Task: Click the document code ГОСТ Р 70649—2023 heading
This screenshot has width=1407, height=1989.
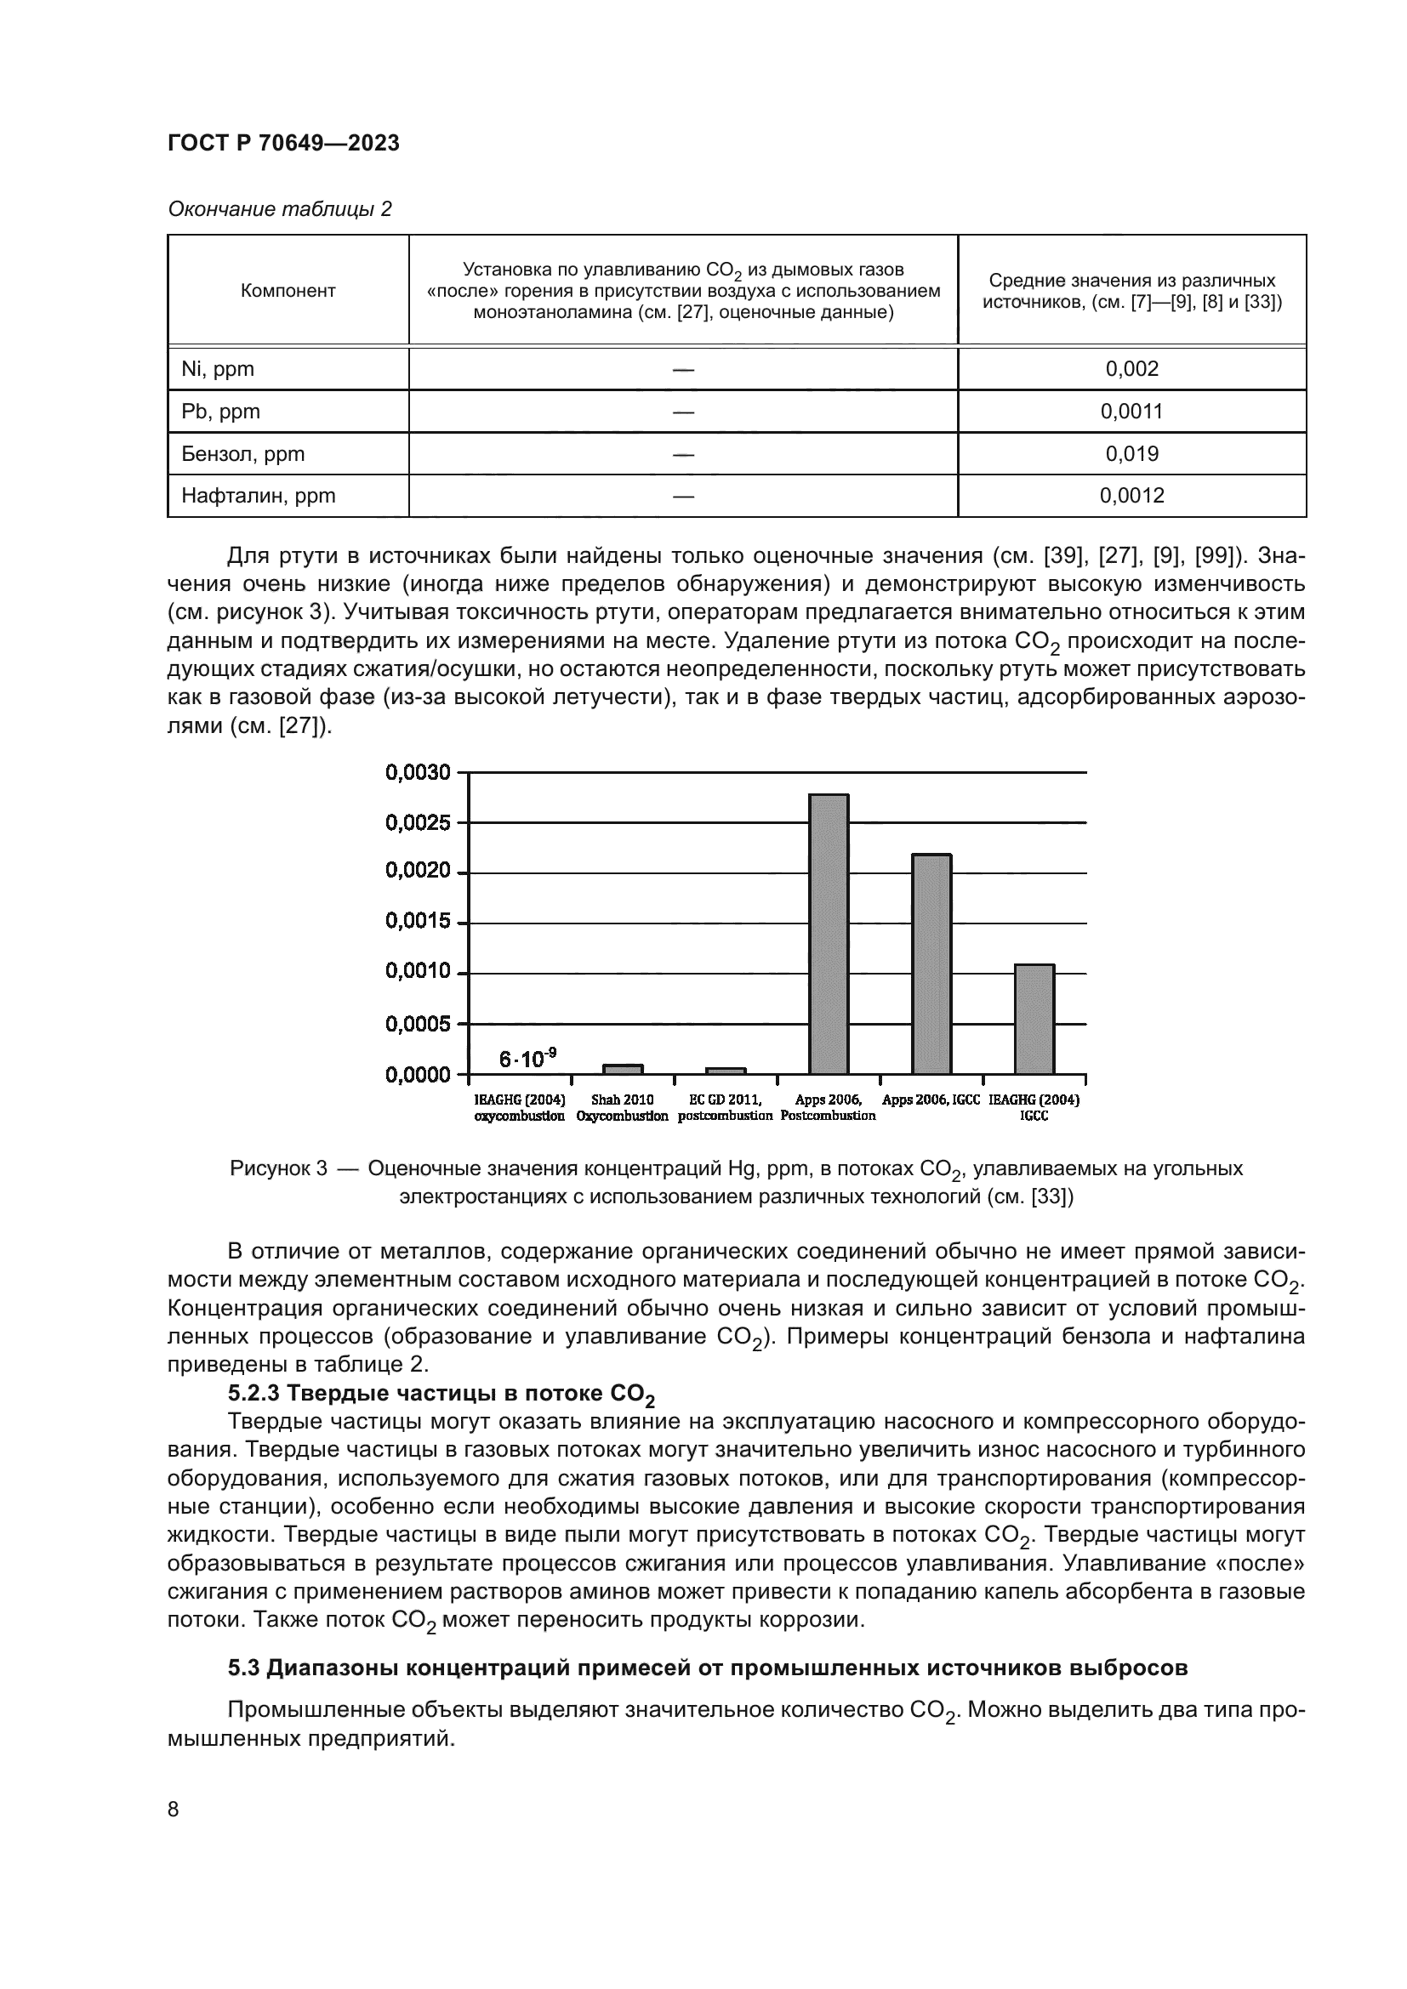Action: (x=283, y=144)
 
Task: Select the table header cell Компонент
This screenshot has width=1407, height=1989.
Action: (x=288, y=291)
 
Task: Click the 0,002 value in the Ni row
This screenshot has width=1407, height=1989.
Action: (x=1131, y=369)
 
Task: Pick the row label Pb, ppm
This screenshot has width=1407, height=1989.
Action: (x=221, y=412)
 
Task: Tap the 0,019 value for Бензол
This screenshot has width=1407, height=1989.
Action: (x=1131, y=454)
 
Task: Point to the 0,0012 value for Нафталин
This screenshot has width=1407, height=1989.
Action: (x=1131, y=496)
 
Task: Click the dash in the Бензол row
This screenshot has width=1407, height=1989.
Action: (x=683, y=454)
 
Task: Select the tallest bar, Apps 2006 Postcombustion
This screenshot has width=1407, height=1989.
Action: (x=829, y=934)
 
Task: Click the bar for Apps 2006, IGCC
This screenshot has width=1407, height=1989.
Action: (x=931, y=963)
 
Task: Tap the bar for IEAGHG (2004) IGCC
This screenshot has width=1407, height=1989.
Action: (x=1034, y=1019)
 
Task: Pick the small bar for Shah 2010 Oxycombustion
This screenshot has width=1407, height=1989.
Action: (x=623, y=1069)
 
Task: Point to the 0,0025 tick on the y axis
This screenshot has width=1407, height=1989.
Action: (x=418, y=822)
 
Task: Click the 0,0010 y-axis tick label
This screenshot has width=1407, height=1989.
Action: (x=418, y=972)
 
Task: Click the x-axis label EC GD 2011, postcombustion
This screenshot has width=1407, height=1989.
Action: (x=725, y=1108)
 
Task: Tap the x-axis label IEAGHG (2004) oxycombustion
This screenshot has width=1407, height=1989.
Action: (x=519, y=1108)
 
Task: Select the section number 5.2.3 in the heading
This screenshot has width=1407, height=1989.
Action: (x=253, y=1394)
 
